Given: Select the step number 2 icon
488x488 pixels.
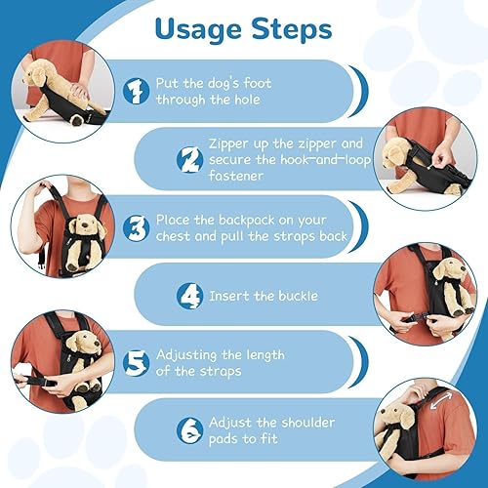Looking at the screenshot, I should click(x=187, y=158).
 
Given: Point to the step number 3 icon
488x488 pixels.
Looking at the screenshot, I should click(x=137, y=226).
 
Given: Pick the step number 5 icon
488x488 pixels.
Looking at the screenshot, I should click(x=137, y=362).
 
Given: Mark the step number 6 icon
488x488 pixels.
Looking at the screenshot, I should click(x=187, y=430).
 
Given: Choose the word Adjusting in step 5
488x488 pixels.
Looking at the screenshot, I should click(x=195, y=354).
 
